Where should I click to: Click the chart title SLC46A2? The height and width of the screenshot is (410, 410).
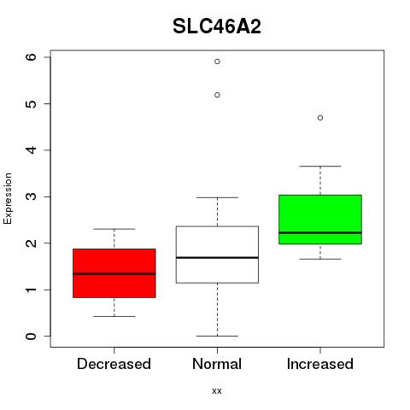(x=217, y=26)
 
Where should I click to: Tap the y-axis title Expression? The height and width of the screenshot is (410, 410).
(x=8, y=198)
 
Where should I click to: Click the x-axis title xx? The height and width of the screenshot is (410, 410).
(x=217, y=390)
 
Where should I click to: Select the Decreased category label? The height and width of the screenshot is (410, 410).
(x=114, y=364)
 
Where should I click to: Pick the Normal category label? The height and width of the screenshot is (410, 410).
(x=217, y=364)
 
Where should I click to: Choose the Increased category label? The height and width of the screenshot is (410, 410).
(x=320, y=364)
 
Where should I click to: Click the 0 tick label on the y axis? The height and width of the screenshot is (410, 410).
(x=31, y=337)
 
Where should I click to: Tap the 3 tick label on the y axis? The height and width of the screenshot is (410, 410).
(x=31, y=196)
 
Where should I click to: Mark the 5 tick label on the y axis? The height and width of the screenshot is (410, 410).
(x=31, y=103)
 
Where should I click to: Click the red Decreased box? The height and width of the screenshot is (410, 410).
(x=114, y=273)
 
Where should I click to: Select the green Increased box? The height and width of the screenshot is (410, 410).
(x=320, y=220)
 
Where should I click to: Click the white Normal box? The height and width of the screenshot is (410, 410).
(x=217, y=255)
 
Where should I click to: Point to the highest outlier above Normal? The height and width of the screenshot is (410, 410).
(x=217, y=61)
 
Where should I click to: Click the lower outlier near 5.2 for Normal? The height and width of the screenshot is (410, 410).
(x=217, y=95)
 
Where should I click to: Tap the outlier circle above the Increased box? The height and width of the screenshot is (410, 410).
(x=320, y=118)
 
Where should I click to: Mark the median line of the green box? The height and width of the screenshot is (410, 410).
(x=320, y=232)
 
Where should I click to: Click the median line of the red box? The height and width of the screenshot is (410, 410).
(x=114, y=274)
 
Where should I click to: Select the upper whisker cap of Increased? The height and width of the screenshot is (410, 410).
(x=320, y=166)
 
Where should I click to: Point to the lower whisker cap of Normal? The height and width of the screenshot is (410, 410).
(x=217, y=336)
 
